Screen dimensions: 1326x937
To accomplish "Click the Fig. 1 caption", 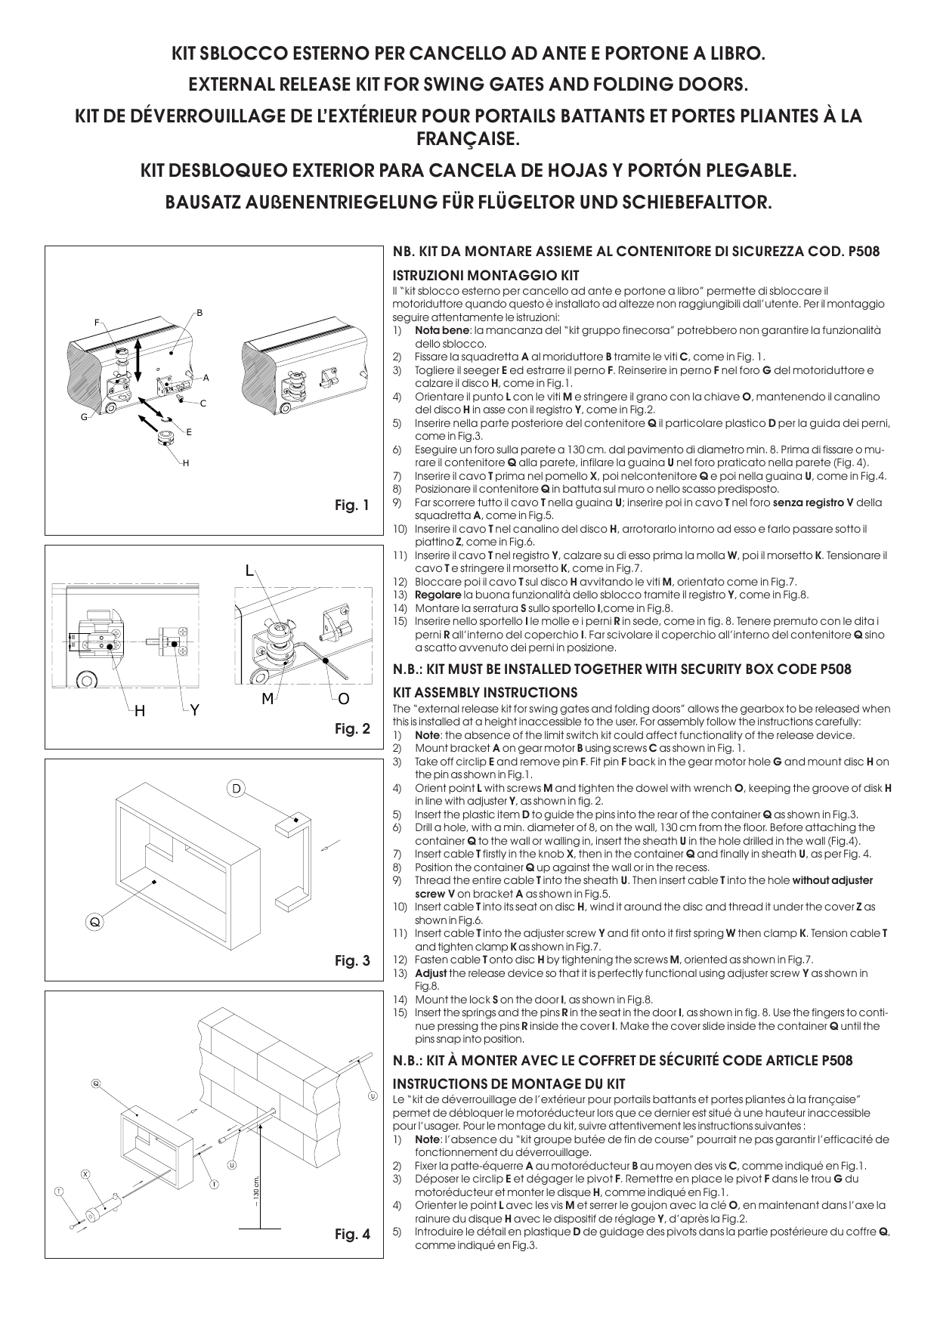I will (x=352, y=505).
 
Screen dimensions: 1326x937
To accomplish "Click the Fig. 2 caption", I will (x=352, y=729).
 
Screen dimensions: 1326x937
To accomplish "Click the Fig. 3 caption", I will (x=352, y=961).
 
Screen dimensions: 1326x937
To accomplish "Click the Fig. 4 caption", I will (x=352, y=1235).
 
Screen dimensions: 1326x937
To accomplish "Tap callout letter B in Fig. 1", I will (x=199, y=312).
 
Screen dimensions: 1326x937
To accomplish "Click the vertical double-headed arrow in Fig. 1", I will (x=138, y=361).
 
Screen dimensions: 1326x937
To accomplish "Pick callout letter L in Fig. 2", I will (x=249, y=571).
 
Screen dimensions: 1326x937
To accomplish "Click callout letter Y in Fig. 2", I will (x=195, y=709).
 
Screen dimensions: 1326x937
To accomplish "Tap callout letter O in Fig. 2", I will (x=344, y=700).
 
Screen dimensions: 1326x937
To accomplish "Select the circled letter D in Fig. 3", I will (x=236, y=789).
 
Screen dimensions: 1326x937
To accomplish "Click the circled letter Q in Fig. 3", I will (x=94, y=922).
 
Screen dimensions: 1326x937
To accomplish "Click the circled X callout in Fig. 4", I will (x=86, y=1173).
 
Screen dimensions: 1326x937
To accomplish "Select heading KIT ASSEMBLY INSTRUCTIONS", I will (x=485, y=692).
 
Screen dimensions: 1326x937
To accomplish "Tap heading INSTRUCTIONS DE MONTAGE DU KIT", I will (x=509, y=1083).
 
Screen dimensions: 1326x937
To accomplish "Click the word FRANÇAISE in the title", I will (x=468, y=140).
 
